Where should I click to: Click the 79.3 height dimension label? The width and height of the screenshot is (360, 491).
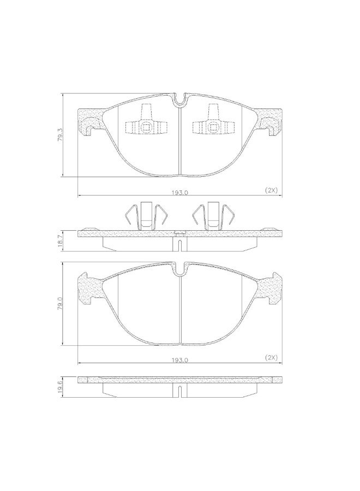click(x=60, y=134)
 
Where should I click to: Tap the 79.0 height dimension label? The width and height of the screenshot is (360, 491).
click(x=60, y=303)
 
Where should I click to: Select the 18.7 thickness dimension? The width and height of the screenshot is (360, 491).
click(x=60, y=241)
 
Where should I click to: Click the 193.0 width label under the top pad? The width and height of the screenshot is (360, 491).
click(x=179, y=193)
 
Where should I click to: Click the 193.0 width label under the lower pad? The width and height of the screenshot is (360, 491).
click(x=179, y=360)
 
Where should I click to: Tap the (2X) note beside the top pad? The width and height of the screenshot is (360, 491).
click(x=271, y=190)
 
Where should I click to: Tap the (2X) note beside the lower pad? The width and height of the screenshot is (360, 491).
click(x=271, y=357)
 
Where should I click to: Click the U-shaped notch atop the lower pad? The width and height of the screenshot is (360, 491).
click(x=179, y=270)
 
